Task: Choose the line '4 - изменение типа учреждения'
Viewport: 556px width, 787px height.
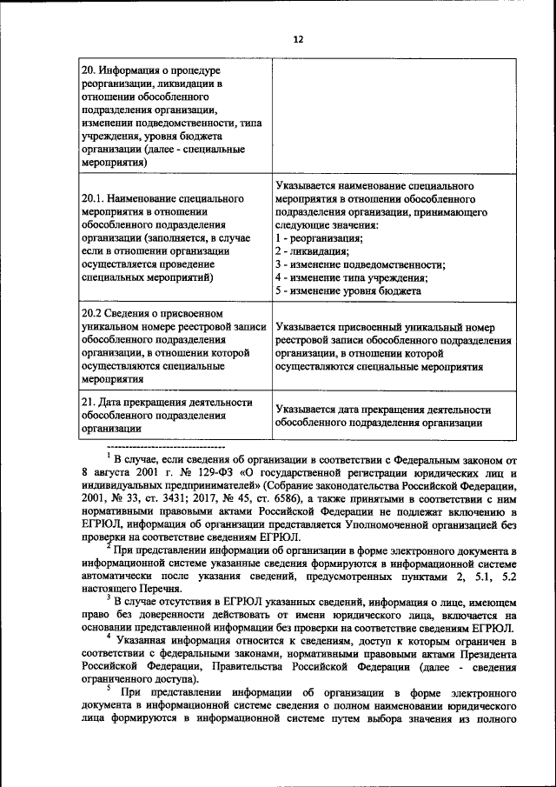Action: tap(350, 278)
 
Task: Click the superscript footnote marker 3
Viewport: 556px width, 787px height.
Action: tap(109, 597)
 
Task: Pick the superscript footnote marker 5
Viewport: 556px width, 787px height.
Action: tap(109, 687)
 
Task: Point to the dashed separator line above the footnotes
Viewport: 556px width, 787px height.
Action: tap(153, 445)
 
